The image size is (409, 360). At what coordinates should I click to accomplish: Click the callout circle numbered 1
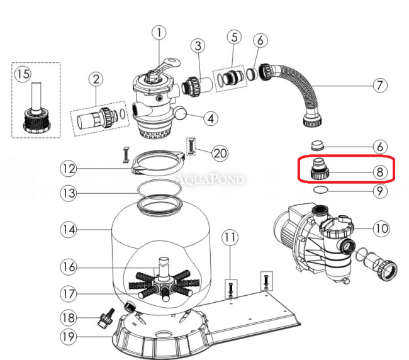pos(159,33)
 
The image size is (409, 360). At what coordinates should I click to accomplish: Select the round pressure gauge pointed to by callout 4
pos(181,113)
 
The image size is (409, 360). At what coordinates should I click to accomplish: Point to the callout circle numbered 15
pos(23,74)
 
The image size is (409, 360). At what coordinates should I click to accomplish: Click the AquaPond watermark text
pos(210,179)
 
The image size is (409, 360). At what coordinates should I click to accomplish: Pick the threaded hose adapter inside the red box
pos(320,169)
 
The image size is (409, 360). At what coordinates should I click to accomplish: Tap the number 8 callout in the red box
pos(380,172)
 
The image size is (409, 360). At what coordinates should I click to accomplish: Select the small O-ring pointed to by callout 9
pos(320,190)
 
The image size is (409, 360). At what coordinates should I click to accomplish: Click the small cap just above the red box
pos(318,145)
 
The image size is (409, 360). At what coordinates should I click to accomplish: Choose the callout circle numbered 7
pos(380,86)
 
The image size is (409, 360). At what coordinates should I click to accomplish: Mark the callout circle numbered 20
pos(220,153)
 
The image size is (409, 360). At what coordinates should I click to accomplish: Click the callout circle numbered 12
pos(69,169)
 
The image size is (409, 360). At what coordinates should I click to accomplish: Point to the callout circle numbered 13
pos(69,193)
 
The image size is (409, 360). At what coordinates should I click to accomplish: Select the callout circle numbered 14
pos(69,230)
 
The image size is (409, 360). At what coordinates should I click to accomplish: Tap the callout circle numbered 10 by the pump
pos(381,228)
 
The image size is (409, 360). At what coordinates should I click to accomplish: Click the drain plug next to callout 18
pos(106,318)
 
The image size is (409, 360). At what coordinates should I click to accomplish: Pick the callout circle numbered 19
pos(69,337)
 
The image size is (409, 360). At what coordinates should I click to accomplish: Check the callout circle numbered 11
pos(230,238)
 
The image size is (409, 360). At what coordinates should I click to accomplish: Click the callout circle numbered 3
pos(198,46)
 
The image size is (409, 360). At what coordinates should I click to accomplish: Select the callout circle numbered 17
pos(69,294)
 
